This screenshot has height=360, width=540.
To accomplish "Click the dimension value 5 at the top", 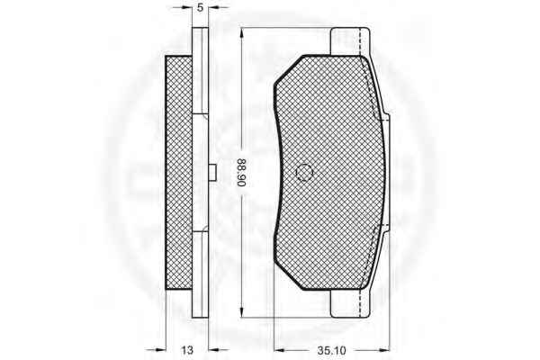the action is pos(200,7).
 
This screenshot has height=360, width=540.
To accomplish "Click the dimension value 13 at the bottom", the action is pos(187,350).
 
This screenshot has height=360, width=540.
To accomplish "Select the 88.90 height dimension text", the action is pos(242,173).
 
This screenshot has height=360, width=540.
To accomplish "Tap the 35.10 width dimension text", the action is pos(331,351).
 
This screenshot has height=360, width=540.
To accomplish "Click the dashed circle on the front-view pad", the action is pos(304,172).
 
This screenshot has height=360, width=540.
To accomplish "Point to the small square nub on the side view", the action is pos(212,172).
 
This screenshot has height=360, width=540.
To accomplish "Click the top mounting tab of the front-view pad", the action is pos(350,41).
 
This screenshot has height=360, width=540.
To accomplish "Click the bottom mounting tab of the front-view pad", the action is pos(350,303).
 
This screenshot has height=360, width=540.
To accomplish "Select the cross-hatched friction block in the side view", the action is pos(179,172).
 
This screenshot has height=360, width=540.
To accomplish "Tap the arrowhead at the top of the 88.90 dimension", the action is pos(242,32).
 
